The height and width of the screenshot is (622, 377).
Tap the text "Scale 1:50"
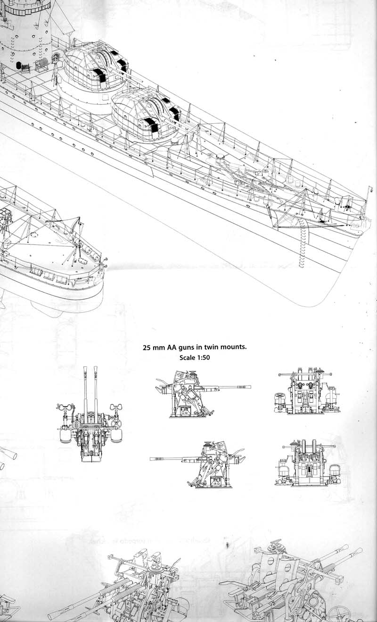195,357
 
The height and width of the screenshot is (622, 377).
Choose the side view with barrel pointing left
197,464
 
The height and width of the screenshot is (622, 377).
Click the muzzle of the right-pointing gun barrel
249,387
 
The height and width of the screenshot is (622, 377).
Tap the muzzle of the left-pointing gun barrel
152,459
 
